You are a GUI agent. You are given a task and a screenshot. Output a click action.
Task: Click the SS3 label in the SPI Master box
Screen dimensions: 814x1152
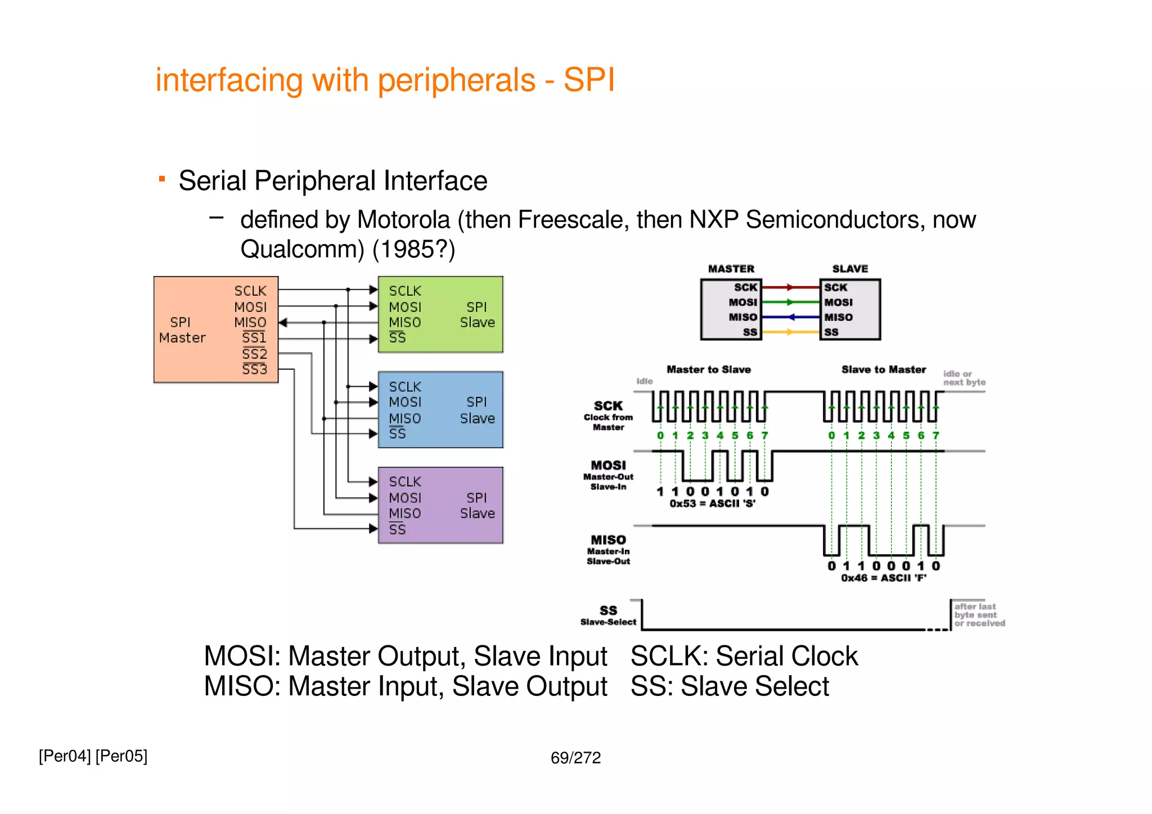[x=254, y=369]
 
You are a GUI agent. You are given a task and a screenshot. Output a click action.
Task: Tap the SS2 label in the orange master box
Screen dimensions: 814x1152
[x=254, y=354]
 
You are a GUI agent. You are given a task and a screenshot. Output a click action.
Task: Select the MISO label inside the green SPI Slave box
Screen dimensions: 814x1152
[x=404, y=323]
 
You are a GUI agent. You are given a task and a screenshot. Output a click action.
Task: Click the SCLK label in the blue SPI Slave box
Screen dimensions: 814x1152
[x=404, y=387]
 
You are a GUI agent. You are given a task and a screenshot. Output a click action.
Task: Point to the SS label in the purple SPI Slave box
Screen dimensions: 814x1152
[x=397, y=530]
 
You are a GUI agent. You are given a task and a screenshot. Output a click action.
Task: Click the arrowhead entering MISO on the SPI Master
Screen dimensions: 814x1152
[x=283, y=323]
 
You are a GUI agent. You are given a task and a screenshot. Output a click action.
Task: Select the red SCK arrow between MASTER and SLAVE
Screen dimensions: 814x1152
[x=790, y=287]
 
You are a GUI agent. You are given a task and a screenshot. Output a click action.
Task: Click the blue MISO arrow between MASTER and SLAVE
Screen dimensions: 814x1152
[x=790, y=317]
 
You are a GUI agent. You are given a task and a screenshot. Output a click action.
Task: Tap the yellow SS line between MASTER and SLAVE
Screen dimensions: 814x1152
[x=790, y=332]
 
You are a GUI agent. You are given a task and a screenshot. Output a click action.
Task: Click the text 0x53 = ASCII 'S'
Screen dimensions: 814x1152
[x=712, y=504]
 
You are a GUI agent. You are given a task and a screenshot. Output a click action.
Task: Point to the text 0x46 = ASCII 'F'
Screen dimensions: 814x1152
[x=883, y=578]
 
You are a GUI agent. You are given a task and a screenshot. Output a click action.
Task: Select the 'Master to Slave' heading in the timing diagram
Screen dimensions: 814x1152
[x=708, y=369]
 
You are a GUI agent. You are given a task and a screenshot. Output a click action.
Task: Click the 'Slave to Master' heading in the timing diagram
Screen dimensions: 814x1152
[x=883, y=369]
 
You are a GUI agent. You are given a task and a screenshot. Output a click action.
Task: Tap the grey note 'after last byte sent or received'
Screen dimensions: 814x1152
[x=979, y=614]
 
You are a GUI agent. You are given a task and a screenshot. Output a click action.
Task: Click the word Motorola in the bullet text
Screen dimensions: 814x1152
[x=403, y=220]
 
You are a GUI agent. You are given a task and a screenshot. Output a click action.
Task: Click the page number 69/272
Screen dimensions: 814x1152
[x=575, y=758]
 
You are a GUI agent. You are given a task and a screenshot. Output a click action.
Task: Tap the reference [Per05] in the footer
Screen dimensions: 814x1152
[x=121, y=756]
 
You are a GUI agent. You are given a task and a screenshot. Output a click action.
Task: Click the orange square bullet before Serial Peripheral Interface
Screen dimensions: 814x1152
[x=162, y=179]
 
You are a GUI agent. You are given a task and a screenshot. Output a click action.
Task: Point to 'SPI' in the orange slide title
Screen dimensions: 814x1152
[x=589, y=80]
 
